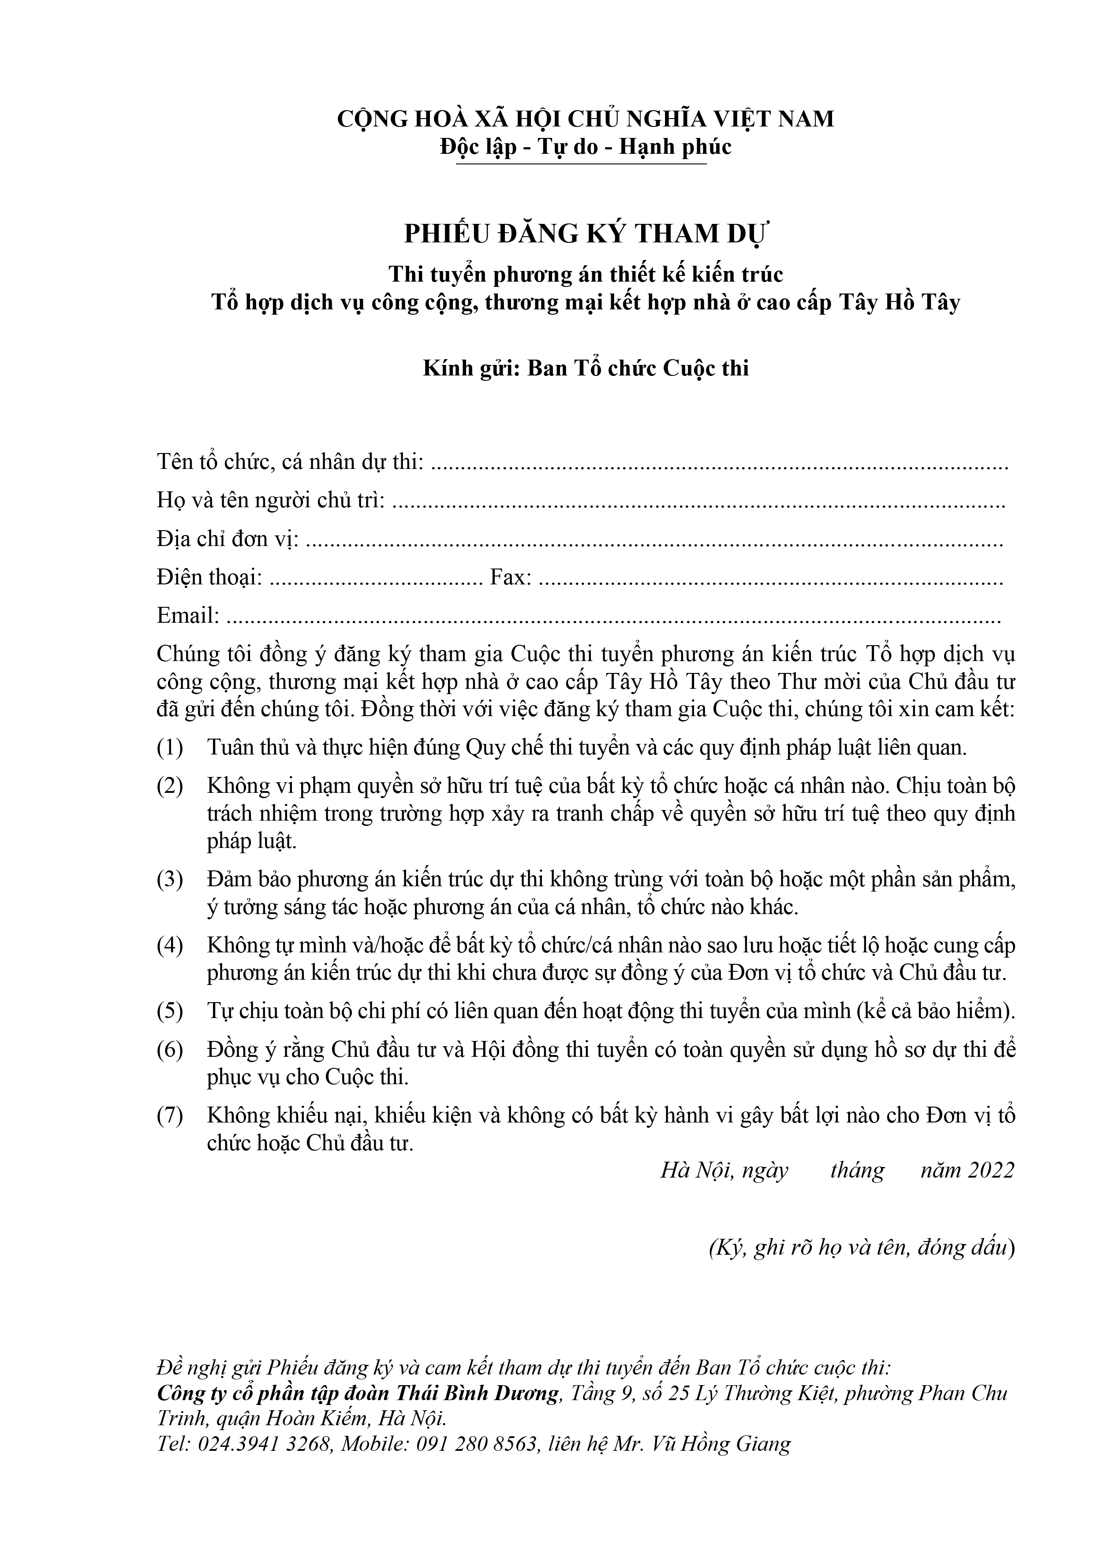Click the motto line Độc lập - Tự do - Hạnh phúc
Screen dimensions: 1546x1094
tap(586, 147)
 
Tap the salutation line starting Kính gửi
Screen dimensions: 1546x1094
tap(586, 368)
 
